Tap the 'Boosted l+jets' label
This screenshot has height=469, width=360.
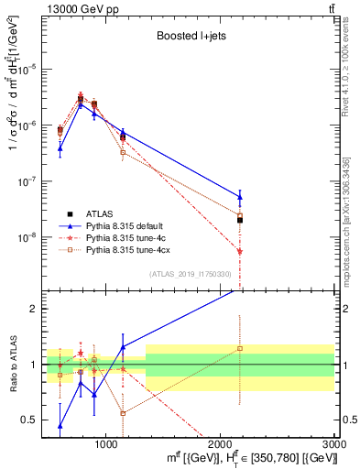[186, 37]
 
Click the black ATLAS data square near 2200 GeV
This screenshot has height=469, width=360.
[240, 220]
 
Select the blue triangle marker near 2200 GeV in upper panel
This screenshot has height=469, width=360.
[240, 196]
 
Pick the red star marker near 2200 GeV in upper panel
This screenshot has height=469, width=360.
[240, 251]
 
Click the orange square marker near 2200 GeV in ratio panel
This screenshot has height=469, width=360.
[240, 348]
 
